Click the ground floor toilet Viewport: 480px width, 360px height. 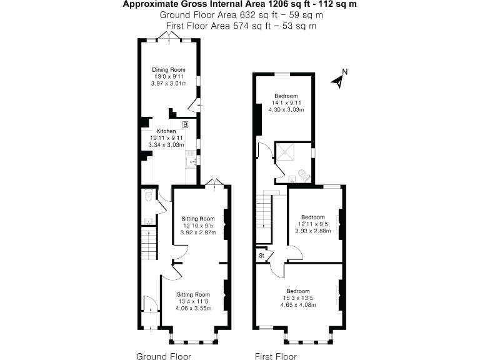pyautogui.click(x=147, y=197)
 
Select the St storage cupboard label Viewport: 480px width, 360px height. pyautogui.click(x=261, y=256)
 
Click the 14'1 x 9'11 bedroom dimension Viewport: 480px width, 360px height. pyautogui.click(x=286, y=103)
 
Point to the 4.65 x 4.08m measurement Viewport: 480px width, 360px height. pyautogui.click(x=298, y=305)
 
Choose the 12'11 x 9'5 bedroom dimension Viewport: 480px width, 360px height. pyautogui.click(x=312, y=224)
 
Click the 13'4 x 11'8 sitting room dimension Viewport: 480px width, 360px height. pyautogui.click(x=192, y=301)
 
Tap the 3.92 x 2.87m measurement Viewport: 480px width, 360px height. pyautogui.click(x=198, y=232)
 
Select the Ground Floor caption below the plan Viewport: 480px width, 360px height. pyautogui.click(x=163, y=356)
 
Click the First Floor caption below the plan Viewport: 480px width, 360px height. pyautogui.click(x=276, y=356)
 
